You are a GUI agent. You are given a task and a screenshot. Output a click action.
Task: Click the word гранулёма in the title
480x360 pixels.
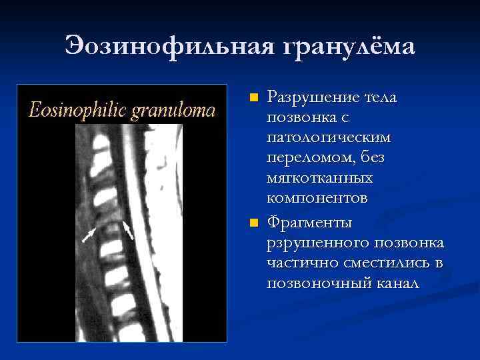(x=348, y=47)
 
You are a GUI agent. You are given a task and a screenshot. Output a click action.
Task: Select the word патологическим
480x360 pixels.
(x=329, y=138)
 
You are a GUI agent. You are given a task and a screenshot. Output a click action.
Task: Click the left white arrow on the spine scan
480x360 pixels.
(x=88, y=235)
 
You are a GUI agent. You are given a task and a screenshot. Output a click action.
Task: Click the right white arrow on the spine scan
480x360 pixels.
(x=128, y=230)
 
